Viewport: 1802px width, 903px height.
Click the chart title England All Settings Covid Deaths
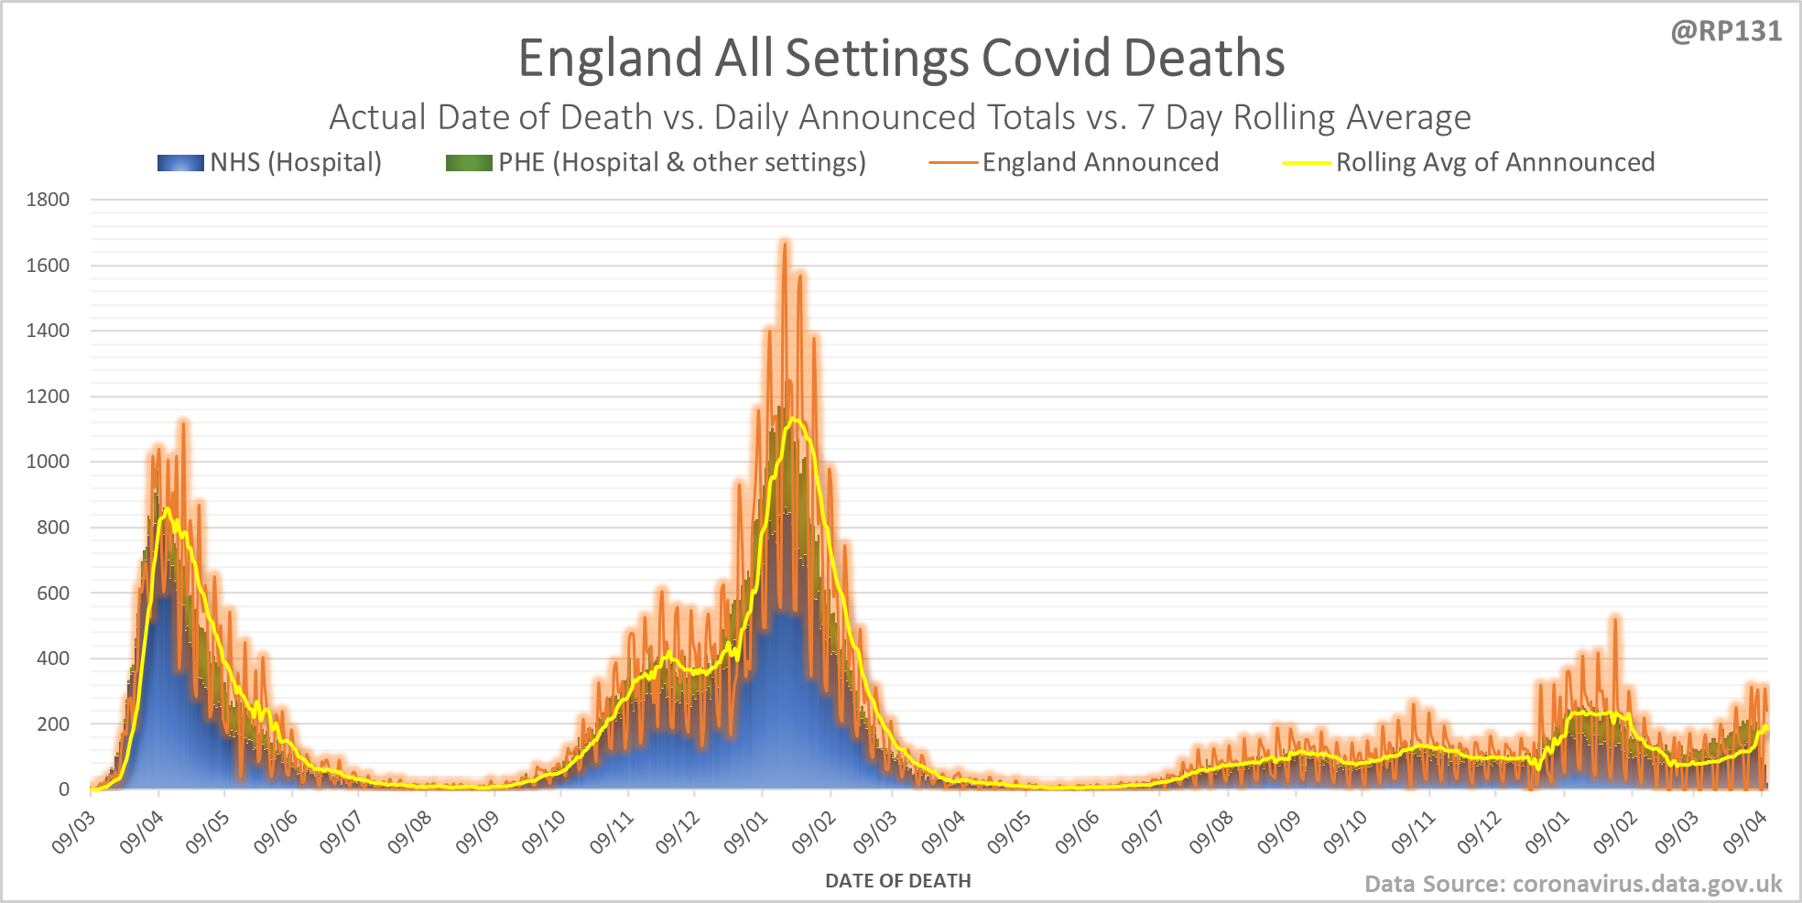pyautogui.click(x=901, y=58)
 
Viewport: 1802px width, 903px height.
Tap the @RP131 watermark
pyautogui.click(x=1726, y=32)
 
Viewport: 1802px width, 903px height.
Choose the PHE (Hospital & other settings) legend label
pyautogui.click(x=681, y=163)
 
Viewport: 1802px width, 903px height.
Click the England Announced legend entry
pyautogui.click(x=1100, y=163)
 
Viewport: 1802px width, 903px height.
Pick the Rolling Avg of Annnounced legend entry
pyautogui.click(x=1494, y=163)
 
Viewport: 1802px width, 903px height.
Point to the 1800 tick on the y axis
pyautogui.click(x=48, y=200)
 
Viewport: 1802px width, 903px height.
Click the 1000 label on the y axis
pyautogui.click(x=48, y=462)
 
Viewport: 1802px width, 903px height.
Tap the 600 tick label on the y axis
pyautogui.click(x=53, y=593)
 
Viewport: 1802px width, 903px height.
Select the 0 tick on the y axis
pyautogui.click(x=64, y=789)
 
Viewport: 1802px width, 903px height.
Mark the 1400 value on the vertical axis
pyautogui.click(x=48, y=331)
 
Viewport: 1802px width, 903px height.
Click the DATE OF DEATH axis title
pyautogui.click(x=897, y=881)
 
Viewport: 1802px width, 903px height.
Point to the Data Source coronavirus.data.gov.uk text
pyautogui.click(x=1572, y=884)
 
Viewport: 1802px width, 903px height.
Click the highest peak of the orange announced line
pyautogui.click(x=784, y=243)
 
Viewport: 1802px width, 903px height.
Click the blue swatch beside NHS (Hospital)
pyautogui.click(x=180, y=163)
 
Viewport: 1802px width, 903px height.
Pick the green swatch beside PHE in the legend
pyautogui.click(x=468, y=163)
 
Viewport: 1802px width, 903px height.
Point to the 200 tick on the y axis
pyautogui.click(x=53, y=723)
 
